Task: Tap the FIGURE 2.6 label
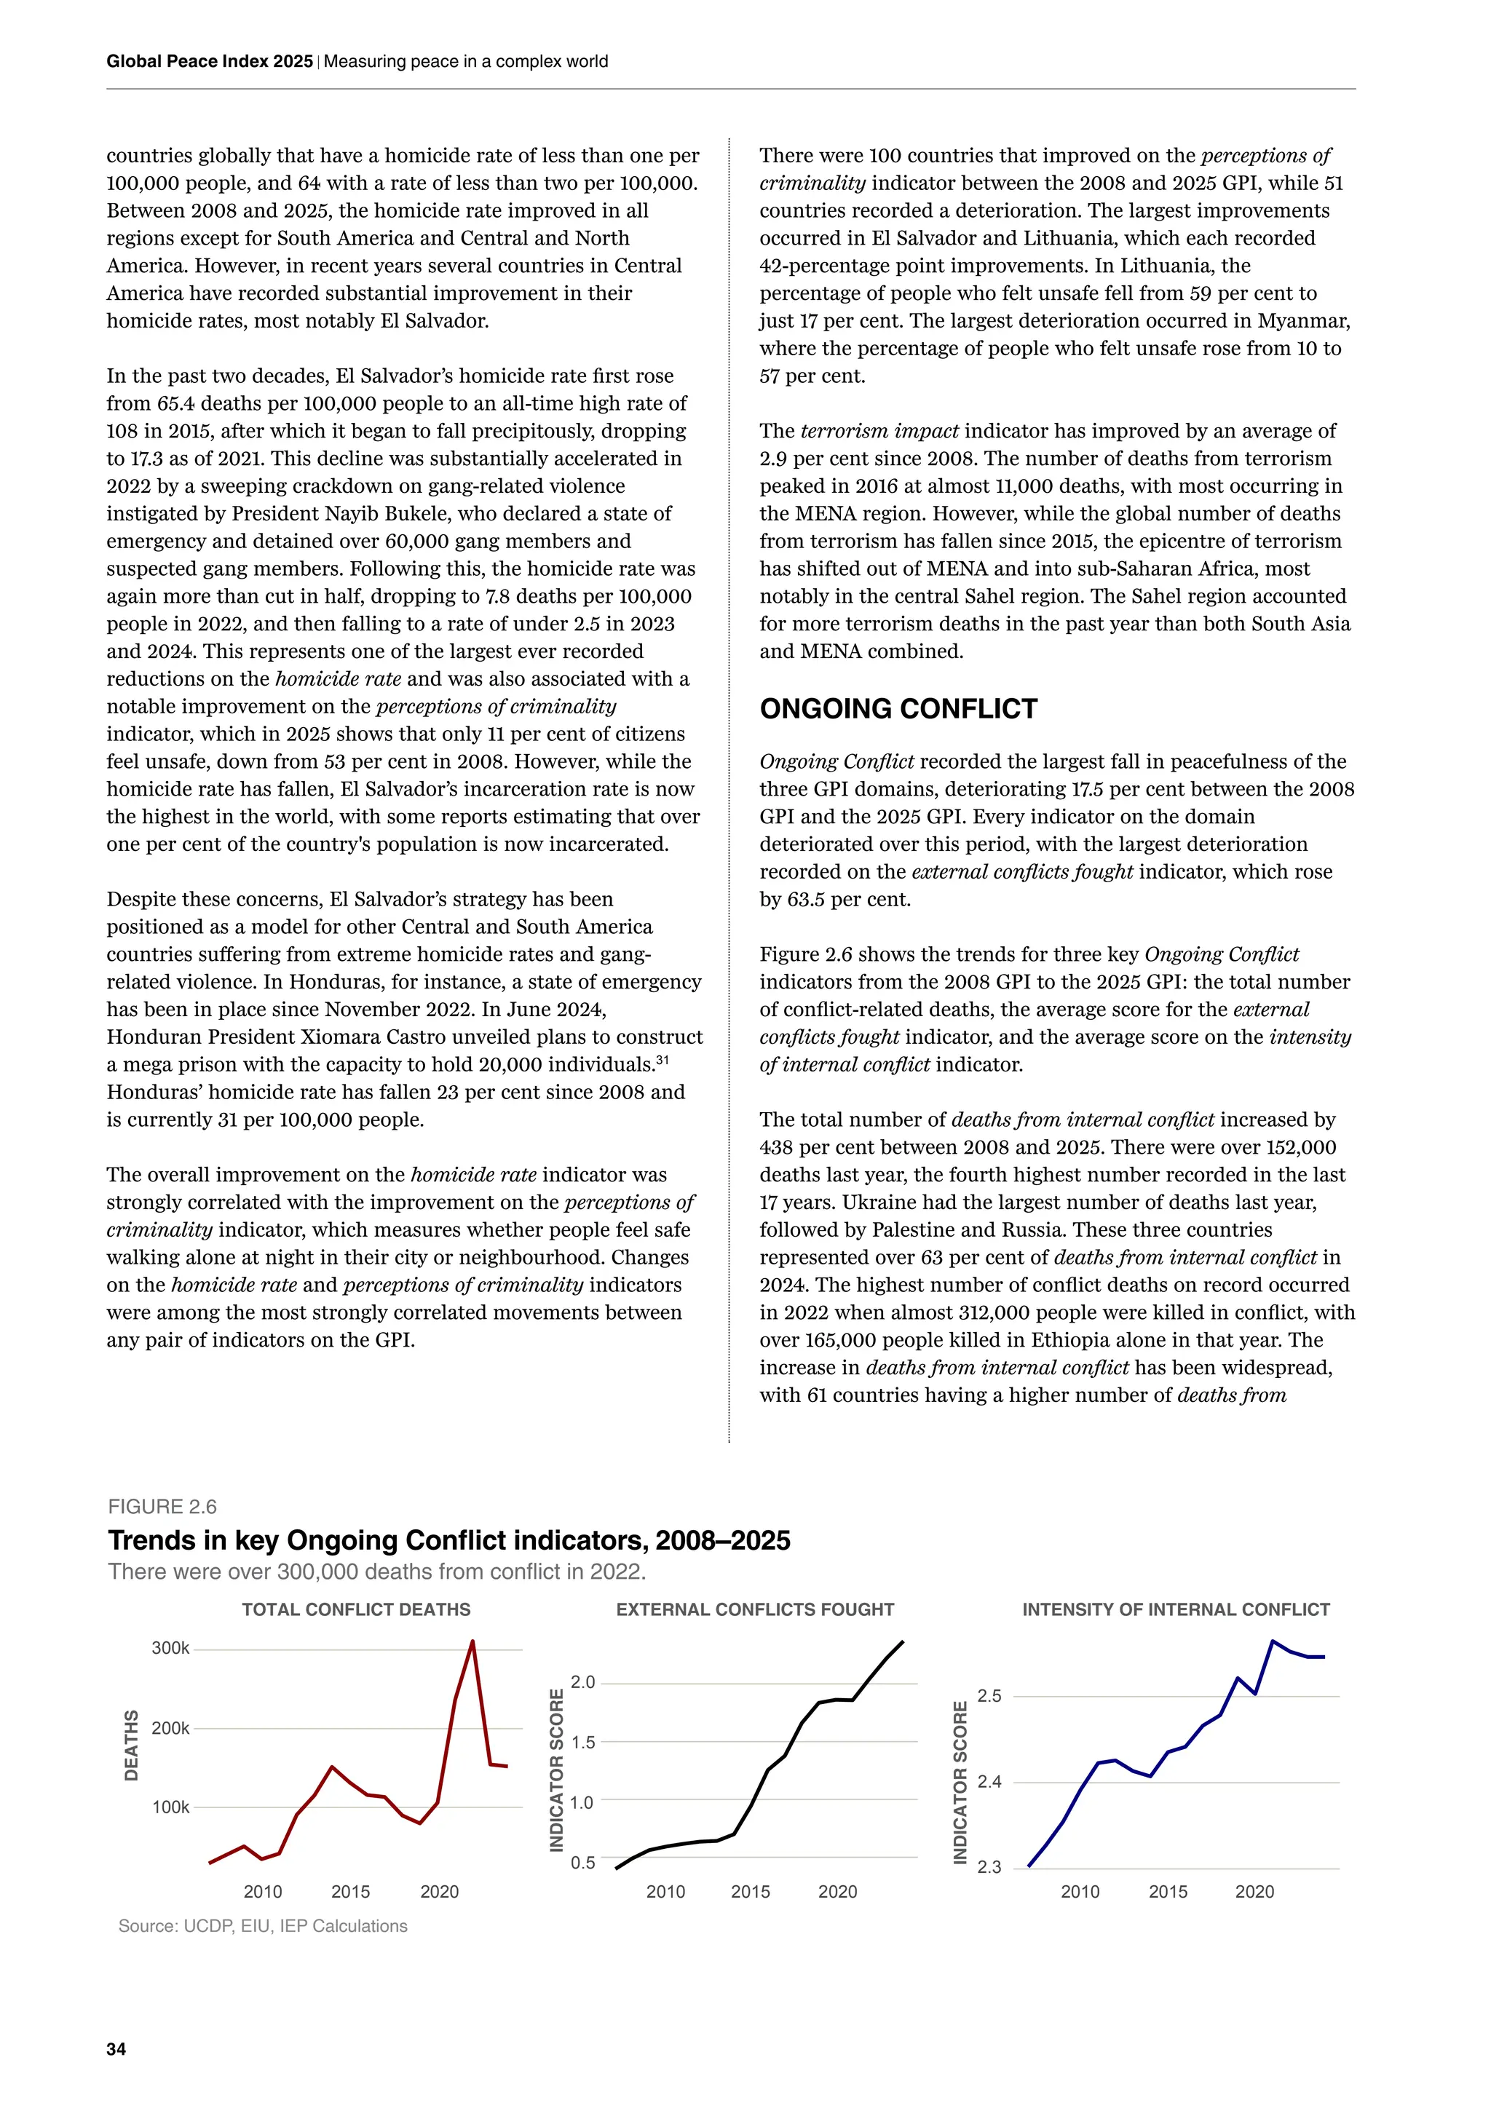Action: click(162, 1507)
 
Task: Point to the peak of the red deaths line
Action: click(472, 1641)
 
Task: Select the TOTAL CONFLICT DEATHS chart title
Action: click(356, 1609)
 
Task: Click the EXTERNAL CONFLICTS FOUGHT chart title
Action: click(755, 1609)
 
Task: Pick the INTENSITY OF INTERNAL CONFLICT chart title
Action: click(1175, 1609)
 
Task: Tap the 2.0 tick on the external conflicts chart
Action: click(582, 1682)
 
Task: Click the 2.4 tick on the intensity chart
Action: click(989, 1782)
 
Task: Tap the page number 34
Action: click(116, 2049)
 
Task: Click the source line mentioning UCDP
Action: click(263, 1926)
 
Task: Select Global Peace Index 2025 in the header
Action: click(210, 62)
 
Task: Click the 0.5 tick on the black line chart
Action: click(582, 1862)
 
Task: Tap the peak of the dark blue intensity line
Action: click(1273, 1641)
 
